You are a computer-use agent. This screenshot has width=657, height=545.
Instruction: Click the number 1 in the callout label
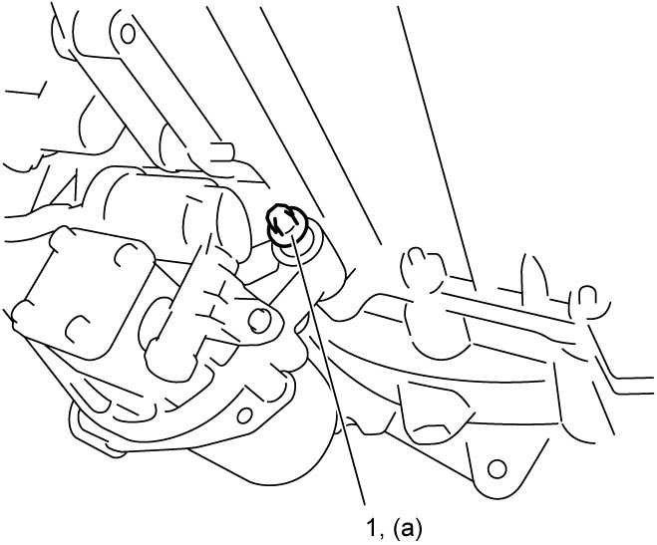[372, 527]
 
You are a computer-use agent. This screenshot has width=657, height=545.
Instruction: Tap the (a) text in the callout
[408, 529]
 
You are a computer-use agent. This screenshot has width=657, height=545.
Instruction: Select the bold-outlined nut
[286, 223]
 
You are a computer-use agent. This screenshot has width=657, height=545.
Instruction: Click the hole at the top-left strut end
[128, 34]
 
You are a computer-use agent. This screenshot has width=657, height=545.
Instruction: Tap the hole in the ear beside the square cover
[259, 320]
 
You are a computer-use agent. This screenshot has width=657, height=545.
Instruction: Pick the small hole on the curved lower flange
[244, 415]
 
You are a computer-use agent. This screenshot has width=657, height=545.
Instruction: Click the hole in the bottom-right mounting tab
[496, 469]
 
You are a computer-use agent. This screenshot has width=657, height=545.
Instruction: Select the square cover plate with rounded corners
[84, 293]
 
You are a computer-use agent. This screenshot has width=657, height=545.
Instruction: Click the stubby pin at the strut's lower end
[221, 151]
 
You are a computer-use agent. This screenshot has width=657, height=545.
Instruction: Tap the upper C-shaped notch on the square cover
[126, 256]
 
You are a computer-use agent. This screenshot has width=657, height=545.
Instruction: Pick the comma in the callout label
[382, 536]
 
